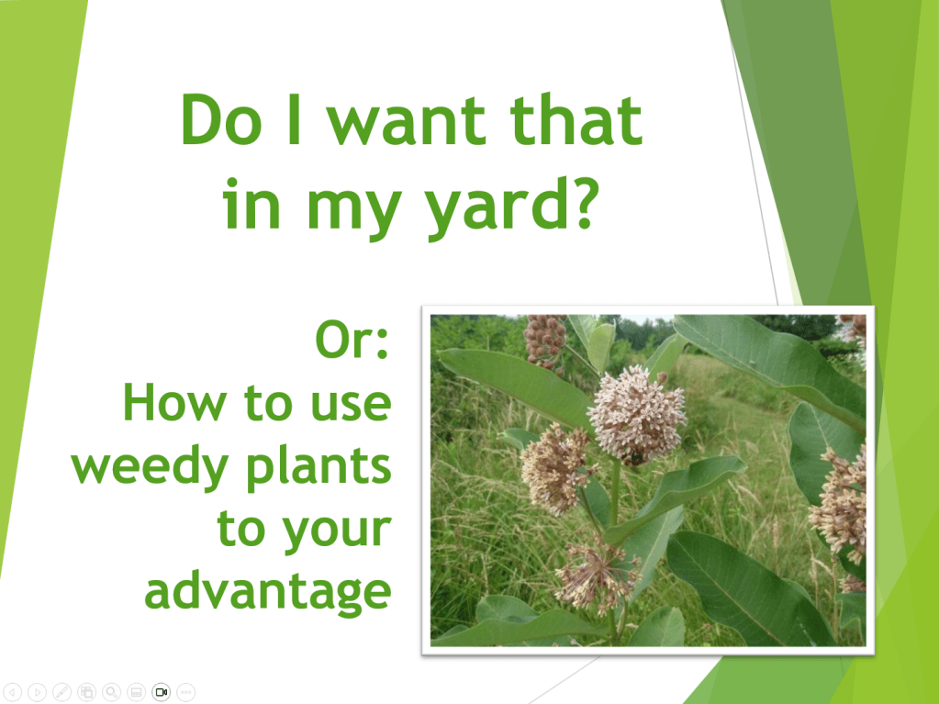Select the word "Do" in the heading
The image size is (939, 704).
tap(221, 119)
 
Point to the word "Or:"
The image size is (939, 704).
tap(352, 340)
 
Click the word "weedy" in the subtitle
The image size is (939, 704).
tap(151, 469)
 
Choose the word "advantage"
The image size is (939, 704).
tap(268, 591)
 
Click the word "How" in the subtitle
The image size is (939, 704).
tap(174, 402)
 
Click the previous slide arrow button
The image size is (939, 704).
tap(12, 692)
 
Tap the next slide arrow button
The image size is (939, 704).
tap(37, 692)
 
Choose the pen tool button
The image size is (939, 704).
tap(61, 692)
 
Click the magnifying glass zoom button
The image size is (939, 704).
tap(111, 692)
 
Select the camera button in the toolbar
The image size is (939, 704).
tap(162, 692)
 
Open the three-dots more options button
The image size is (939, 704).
tap(186, 692)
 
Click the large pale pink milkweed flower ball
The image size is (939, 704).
tap(637, 415)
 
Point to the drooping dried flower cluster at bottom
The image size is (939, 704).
tap(596, 575)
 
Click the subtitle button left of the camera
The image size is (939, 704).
tap(136, 692)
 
